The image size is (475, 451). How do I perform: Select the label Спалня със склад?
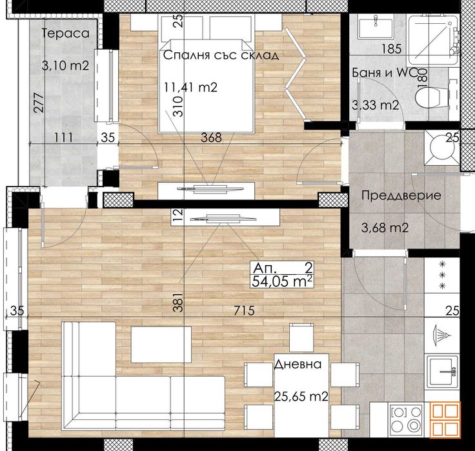(x=221, y=55)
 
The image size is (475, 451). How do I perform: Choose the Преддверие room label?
(x=401, y=196)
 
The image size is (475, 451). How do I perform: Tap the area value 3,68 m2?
(x=384, y=227)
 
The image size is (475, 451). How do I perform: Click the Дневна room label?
(x=298, y=364)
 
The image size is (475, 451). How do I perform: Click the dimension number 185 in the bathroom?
(x=392, y=48)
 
